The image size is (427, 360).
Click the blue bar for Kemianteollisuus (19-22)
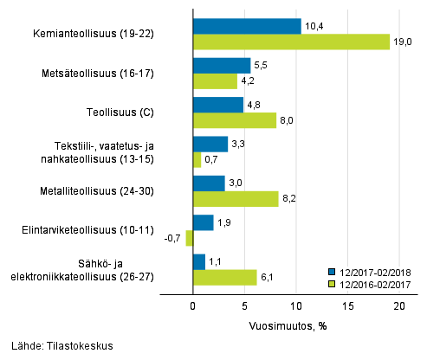247,26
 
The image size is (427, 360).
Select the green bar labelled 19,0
291,42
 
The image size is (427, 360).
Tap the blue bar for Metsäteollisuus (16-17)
222,66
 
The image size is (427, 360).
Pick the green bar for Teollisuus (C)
234,120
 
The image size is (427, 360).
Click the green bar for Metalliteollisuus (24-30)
236,199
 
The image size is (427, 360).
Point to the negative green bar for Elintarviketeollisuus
189,238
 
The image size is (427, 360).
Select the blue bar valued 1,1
198,261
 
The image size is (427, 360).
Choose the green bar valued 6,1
224,277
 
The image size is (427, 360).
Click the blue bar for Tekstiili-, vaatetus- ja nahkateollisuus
210,144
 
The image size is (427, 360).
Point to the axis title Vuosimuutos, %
296,325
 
